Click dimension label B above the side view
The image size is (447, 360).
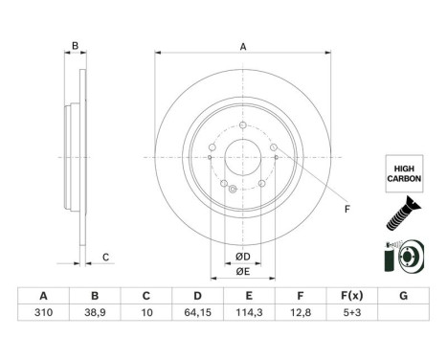coord(75,46)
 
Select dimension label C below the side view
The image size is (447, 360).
coord(106,255)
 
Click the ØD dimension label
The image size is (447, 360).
coord(243,257)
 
